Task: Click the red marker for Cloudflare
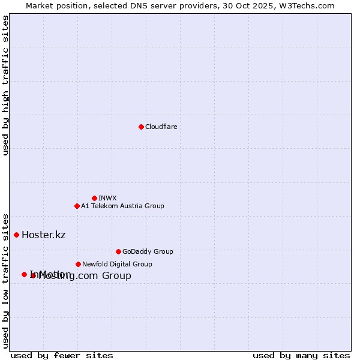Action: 141,127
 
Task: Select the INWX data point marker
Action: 94,198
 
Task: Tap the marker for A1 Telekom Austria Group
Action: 77,206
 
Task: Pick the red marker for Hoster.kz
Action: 16,235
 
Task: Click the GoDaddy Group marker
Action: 118,251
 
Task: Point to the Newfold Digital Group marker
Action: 78,264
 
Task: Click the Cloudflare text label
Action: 161,127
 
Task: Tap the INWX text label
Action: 107,198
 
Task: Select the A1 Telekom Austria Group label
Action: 122,206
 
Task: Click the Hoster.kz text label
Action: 43,235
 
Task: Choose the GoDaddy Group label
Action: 148,251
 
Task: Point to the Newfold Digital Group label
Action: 117,264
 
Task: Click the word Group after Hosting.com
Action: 116,276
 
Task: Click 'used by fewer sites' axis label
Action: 62,355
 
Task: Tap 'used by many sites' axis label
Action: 301,355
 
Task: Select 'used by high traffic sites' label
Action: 5,85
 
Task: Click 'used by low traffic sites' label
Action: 5,280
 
